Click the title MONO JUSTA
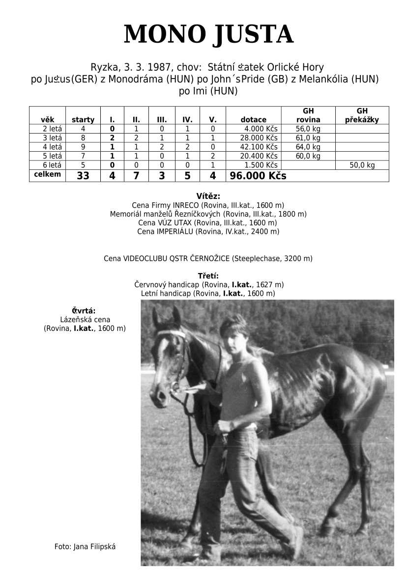pos(208,34)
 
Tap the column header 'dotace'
pos(254,119)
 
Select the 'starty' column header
pos(83,119)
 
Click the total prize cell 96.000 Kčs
pos(258,176)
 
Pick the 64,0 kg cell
pos(308,147)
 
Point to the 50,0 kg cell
pos(362,165)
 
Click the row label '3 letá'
pos(53,137)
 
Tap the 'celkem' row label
pos(47,174)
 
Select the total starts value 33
pos(83,176)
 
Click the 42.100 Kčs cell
pos(259,147)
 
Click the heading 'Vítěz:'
pos(208,196)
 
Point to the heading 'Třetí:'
pos(208,275)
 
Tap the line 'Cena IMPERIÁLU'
pos(208,231)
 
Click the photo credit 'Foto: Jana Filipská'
pos(85,546)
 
